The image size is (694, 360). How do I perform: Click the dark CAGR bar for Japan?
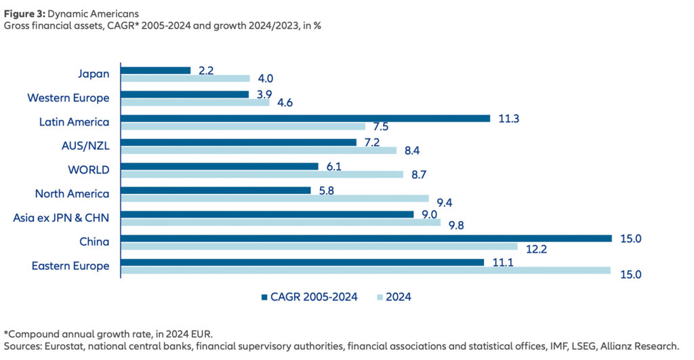(x=155, y=70)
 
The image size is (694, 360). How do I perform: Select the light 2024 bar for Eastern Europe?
(x=365, y=271)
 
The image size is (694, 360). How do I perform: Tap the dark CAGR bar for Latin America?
(x=305, y=118)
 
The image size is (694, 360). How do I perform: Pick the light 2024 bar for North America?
(x=274, y=199)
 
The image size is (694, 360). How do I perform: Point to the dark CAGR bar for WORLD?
(x=219, y=166)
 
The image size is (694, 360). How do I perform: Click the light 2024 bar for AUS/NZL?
(x=258, y=151)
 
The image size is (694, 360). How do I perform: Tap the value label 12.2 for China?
(x=533, y=249)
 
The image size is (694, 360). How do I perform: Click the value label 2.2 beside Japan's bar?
(x=206, y=69)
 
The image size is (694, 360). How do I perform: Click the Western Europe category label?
(x=68, y=98)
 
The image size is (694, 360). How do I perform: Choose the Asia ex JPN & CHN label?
(x=61, y=218)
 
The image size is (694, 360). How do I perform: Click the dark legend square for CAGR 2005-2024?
(x=264, y=296)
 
